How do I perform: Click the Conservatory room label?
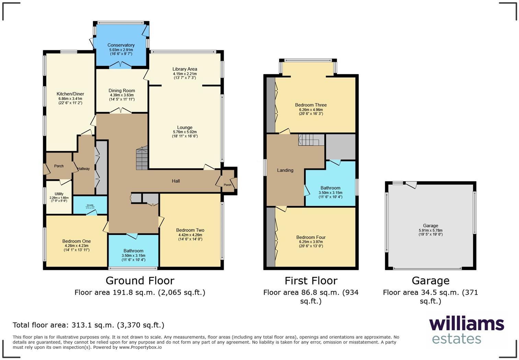coord(121,45)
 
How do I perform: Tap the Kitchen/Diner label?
coord(70,94)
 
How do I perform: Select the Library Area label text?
coord(185,69)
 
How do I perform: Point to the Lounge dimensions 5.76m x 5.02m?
coord(185,132)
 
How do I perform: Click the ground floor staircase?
coord(142,158)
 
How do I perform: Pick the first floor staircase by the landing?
coord(311,139)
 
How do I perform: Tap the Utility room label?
coord(59,194)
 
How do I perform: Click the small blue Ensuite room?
coord(90,206)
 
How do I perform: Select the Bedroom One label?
coord(77,241)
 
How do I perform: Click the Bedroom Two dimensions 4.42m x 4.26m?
coord(190,235)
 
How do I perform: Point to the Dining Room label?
coord(122,90)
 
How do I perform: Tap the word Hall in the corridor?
coord(176,181)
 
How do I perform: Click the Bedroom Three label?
coord(311,105)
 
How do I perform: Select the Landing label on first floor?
coord(285,170)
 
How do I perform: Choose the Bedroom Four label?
coord(311,237)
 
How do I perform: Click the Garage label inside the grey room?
coord(430,226)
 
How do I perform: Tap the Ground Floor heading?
coord(140,281)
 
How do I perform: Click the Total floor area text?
coord(88,325)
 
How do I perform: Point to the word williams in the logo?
coord(466,324)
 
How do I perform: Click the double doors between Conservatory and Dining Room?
coord(120,65)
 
